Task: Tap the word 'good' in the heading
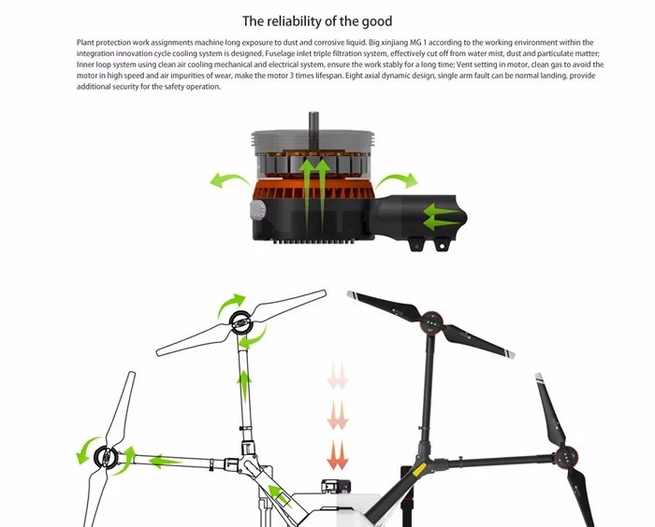tap(377, 21)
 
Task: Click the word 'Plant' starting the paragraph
tap(85, 43)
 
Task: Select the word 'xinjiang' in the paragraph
tap(400, 43)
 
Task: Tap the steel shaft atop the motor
tap(313, 121)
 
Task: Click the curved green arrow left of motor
tap(229, 180)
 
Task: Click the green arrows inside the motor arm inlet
tap(441, 217)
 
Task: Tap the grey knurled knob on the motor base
tap(257, 210)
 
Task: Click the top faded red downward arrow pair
tap(338, 375)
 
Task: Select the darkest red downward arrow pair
tap(338, 455)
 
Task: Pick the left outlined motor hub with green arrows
tap(106, 457)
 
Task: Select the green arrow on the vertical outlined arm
tap(244, 387)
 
